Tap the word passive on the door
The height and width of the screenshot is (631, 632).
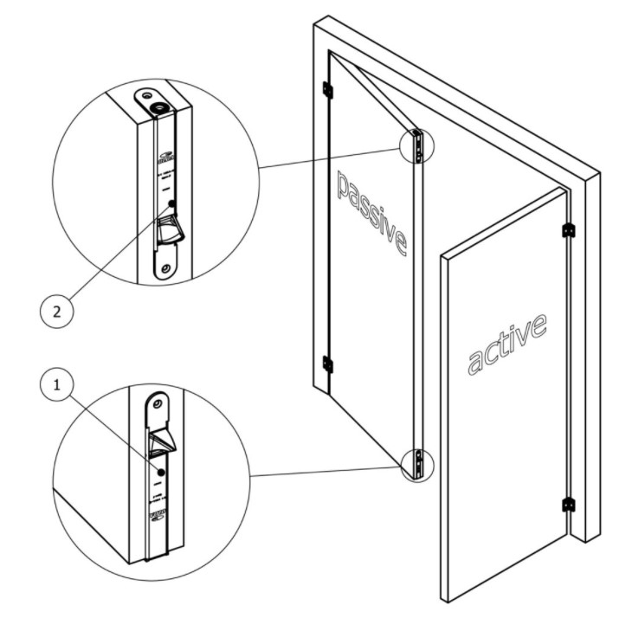(x=371, y=212)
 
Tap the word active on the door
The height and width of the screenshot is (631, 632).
(x=507, y=344)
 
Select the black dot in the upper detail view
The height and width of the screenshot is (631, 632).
(x=172, y=204)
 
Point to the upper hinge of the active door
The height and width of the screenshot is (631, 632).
(x=569, y=230)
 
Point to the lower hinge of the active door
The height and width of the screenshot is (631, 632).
(x=569, y=505)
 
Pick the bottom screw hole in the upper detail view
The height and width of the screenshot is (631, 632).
(x=162, y=268)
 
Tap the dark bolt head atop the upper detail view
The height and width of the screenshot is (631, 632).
(x=158, y=106)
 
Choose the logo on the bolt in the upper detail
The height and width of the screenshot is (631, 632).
(x=164, y=158)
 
